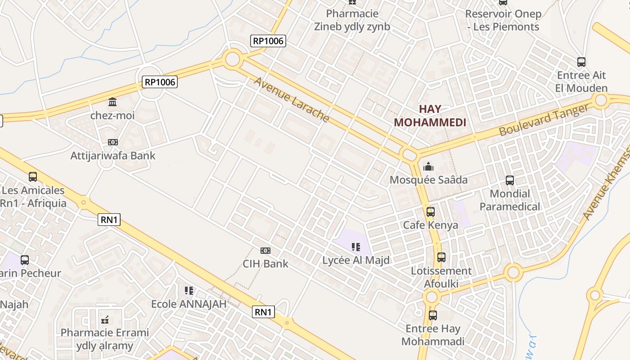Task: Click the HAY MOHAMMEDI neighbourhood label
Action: point(430,116)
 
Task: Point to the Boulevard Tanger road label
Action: point(544,120)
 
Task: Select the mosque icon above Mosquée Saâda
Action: point(428,167)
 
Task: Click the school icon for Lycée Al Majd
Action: point(356,247)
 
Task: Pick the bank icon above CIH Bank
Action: point(265,251)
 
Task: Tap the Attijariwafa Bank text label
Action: point(113,156)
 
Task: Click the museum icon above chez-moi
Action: point(112,102)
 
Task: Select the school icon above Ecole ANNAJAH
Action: point(189,291)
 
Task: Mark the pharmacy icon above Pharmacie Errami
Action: point(105,320)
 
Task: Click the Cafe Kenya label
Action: point(430,225)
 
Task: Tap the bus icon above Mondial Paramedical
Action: point(509,180)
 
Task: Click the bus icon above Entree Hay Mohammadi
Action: point(432,315)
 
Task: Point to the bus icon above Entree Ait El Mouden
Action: point(581,62)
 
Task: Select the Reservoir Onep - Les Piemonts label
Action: point(503,20)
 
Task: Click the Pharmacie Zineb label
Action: point(352,20)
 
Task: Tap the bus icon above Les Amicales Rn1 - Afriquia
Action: point(33,177)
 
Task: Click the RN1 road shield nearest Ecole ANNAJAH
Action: point(263,312)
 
